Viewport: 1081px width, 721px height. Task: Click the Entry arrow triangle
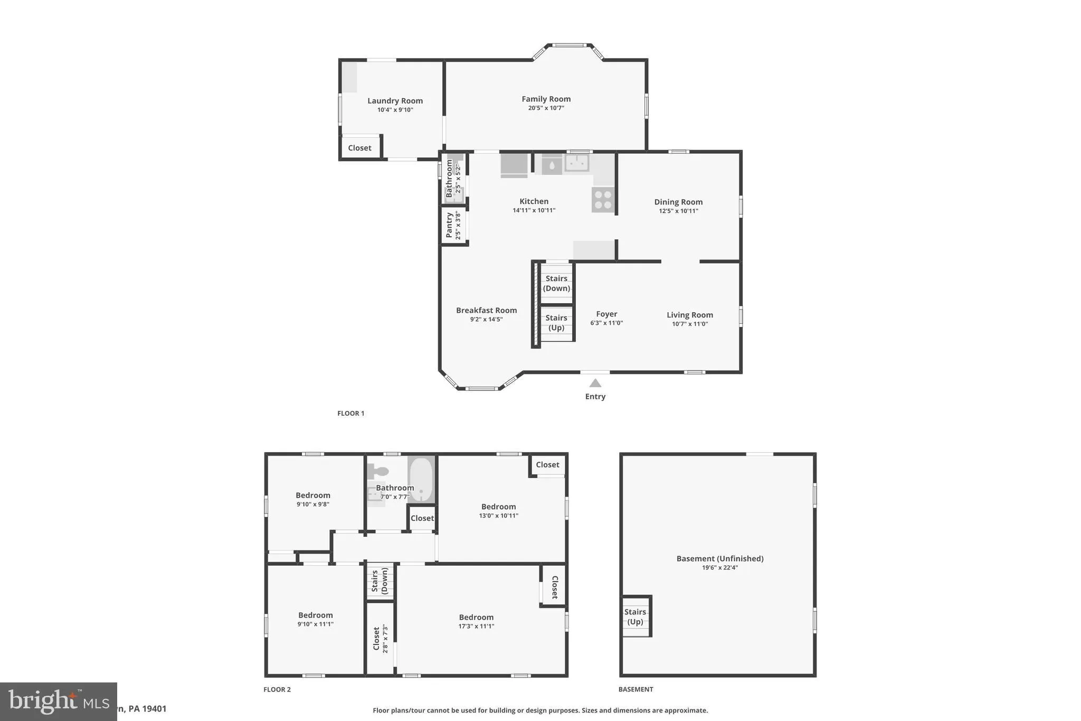pos(595,383)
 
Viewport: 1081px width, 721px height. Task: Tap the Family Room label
pos(546,99)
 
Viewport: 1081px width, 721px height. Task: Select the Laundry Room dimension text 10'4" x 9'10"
pos(395,110)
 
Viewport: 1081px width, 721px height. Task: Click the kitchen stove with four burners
pos(603,200)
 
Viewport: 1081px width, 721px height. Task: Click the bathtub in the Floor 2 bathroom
pos(421,480)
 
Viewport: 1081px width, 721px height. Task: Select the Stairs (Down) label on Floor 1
pos(556,283)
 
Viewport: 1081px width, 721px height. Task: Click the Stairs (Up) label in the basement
pos(635,616)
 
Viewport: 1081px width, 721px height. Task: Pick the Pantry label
pos(449,225)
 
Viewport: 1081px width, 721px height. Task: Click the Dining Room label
pos(678,202)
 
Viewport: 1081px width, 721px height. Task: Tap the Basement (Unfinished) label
pos(720,558)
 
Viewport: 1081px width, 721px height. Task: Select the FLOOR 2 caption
pos(277,689)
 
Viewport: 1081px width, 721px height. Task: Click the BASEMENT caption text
pos(636,689)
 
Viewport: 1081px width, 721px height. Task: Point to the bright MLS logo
pos(58,701)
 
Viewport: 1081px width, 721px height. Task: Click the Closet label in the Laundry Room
pos(359,148)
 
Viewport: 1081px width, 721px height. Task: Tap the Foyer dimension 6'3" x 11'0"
pos(606,323)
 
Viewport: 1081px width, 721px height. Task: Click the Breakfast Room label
pos(486,310)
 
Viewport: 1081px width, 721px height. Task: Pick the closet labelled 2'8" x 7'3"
pos(380,639)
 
